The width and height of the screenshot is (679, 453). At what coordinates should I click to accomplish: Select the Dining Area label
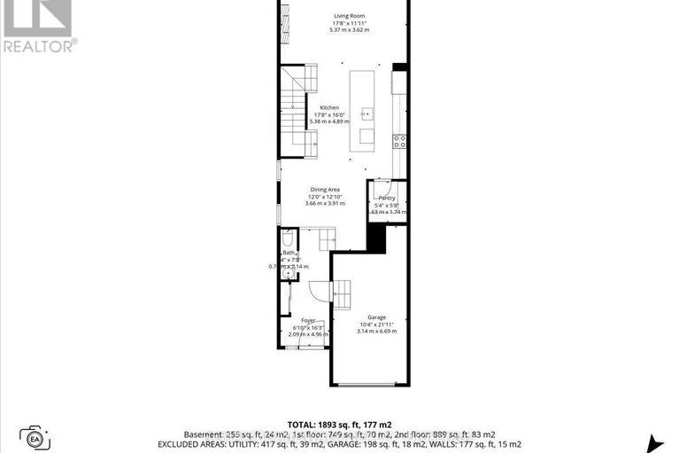coord(325,189)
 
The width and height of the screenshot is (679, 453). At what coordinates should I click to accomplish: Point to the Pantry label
coord(385,199)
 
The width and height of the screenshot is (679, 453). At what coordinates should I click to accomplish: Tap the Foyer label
coord(308,320)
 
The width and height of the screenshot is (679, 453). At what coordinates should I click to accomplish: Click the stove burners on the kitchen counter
coord(399,140)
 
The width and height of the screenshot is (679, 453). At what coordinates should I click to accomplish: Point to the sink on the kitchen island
coord(367,113)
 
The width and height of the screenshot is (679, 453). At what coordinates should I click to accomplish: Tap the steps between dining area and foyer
coord(325,238)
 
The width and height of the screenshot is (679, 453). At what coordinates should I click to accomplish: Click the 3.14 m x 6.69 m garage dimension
coord(376,332)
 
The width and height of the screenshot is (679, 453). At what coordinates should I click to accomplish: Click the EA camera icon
coord(35,437)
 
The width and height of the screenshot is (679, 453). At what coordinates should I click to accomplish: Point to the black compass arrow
coord(656,443)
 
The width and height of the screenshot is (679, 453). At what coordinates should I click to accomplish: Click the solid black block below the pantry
coord(376,238)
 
